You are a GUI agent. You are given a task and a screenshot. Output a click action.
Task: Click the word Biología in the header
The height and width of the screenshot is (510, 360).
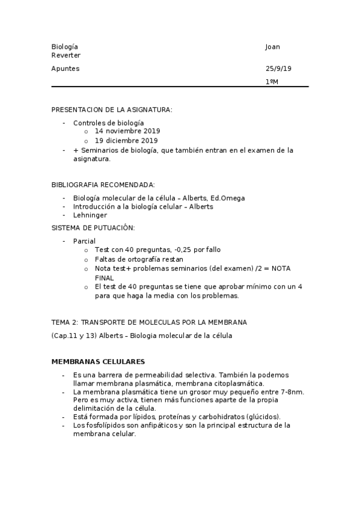tap(64, 47)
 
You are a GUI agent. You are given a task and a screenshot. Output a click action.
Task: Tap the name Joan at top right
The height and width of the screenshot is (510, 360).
tap(272, 47)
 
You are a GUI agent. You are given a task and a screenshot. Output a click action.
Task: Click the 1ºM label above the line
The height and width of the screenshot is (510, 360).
tap(272, 81)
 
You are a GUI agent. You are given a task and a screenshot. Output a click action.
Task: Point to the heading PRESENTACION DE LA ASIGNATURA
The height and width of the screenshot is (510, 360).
tap(112, 109)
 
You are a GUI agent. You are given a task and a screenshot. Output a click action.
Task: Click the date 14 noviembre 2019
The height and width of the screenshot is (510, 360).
tap(127, 131)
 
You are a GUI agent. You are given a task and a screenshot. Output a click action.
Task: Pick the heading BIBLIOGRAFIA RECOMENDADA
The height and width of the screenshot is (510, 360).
tap(103, 184)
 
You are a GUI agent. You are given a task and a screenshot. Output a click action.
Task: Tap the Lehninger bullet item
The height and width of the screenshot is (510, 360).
tap(90, 215)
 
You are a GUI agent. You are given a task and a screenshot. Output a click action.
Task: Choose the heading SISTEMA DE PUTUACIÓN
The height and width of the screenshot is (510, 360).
tap(93, 228)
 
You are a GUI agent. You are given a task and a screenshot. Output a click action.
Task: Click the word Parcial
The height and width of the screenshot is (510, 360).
tap(85, 241)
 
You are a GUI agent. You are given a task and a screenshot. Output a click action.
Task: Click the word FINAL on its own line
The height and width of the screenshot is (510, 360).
tap(105, 278)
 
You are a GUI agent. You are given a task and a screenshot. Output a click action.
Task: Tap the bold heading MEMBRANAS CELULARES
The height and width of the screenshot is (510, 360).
tap(97, 361)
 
